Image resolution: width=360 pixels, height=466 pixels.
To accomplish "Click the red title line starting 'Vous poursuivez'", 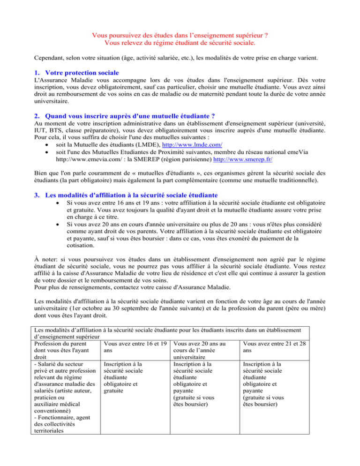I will [180, 35].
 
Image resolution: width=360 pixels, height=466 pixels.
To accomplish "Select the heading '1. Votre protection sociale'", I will [79, 74].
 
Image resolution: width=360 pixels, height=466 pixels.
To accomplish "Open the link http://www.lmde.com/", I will [189, 150].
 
